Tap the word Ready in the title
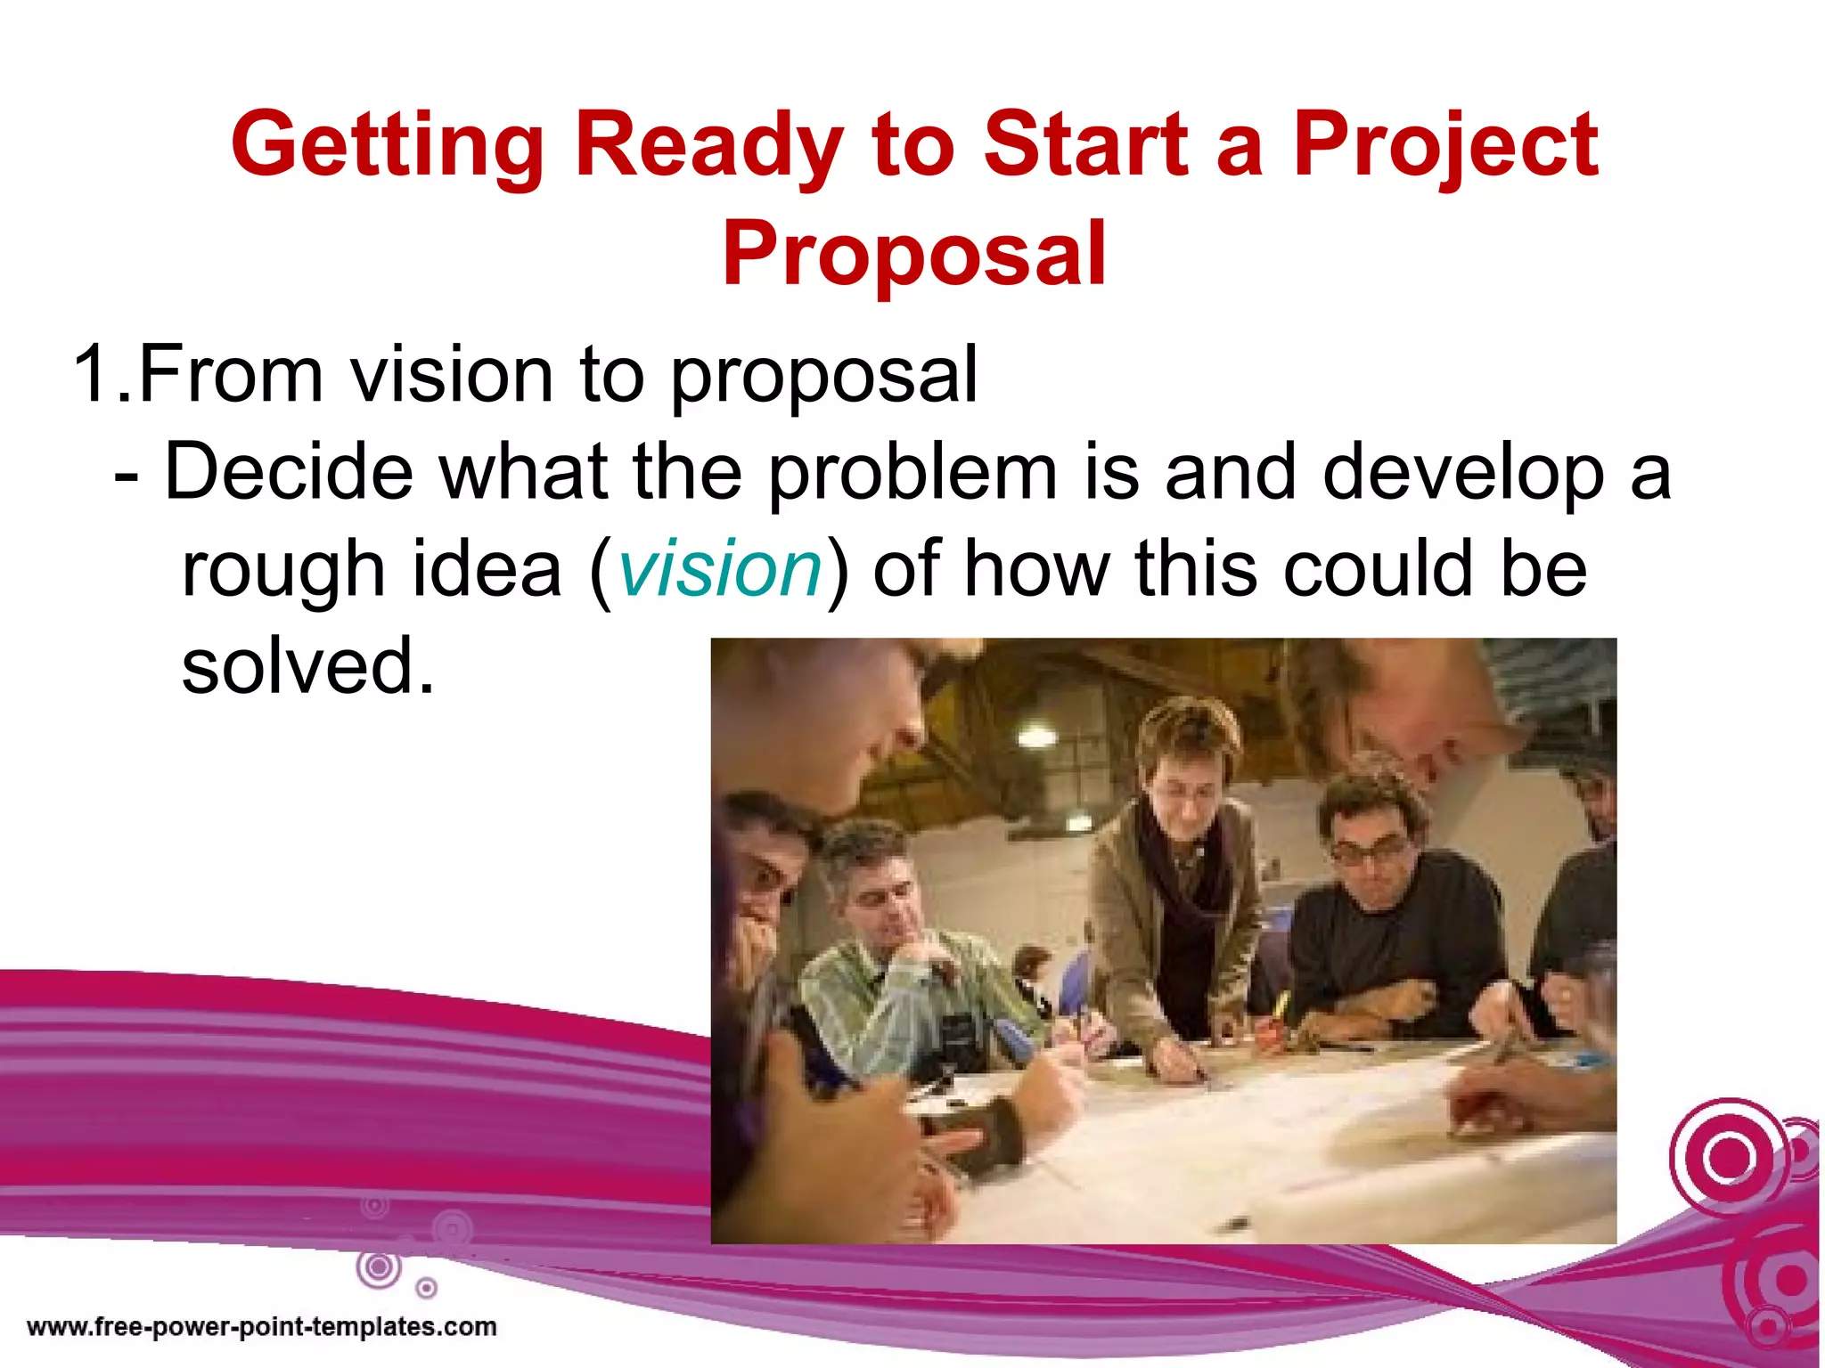pos(708,145)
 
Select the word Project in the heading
pos(1445,145)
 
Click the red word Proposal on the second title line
pos(913,255)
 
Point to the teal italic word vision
pos(720,570)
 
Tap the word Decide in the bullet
pos(289,472)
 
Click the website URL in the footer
pos(261,1327)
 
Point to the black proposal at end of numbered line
pos(824,374)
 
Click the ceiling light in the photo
pos(1036,736)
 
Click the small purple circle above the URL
pos(427,1288)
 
